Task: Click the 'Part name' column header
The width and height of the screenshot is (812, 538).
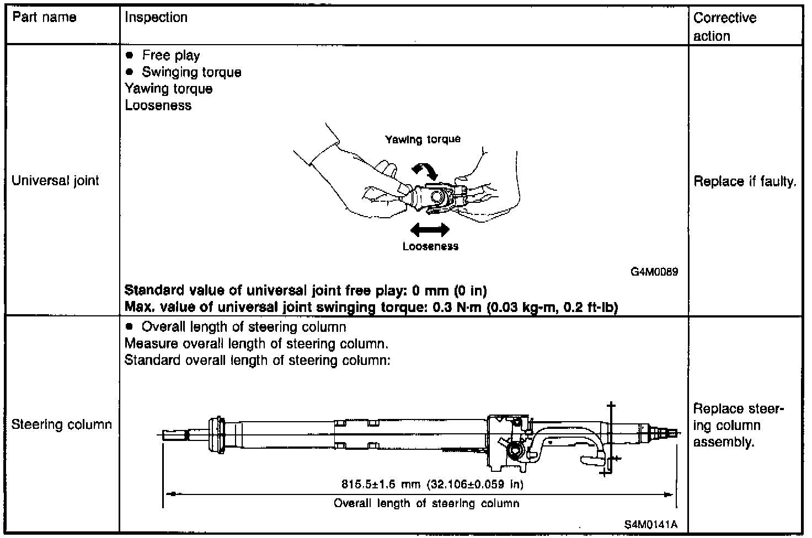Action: pyautogui.click(x=44, y=17)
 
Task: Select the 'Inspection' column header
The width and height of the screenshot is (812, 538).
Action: pyautogui.click(x=156, y=17)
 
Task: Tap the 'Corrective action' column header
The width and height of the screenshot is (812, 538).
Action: pyautogui.click(x=724, y=26)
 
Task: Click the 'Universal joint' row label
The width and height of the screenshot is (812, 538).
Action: pyautogui.click(x=55, y=181)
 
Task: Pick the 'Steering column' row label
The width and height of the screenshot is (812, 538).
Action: pyautogui.click(x=62, y=424)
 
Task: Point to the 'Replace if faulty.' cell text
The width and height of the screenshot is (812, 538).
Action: pyautogui.click(x=745, y=181)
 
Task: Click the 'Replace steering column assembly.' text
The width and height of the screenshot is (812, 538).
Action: pyautogui.click(x=738, y=425)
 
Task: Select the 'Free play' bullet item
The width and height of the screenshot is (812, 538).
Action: pyautogui.click(x=170, y=55)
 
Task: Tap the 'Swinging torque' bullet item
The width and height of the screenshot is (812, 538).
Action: pyautogui.click(x=191, y=72)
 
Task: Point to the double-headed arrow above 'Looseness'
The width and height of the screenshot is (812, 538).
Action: pyautogui.click(x=430, y=229)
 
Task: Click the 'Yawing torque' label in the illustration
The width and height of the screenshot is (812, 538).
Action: pyautogui.click(x=423, y=139)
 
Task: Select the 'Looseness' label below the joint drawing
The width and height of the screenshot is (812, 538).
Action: pyautogui.click(x=430, y=246)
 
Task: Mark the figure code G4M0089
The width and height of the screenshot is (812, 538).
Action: pyautogui.click(x=654, y=272)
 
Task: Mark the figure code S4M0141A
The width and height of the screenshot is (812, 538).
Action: pyautogui.click(x=651, y=524)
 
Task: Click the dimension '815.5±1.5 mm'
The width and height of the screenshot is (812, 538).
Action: pyautogui.click(x=381, y=485)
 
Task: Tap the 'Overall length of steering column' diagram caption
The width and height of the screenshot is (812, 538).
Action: pyautogui.click(x=426, y=503)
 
